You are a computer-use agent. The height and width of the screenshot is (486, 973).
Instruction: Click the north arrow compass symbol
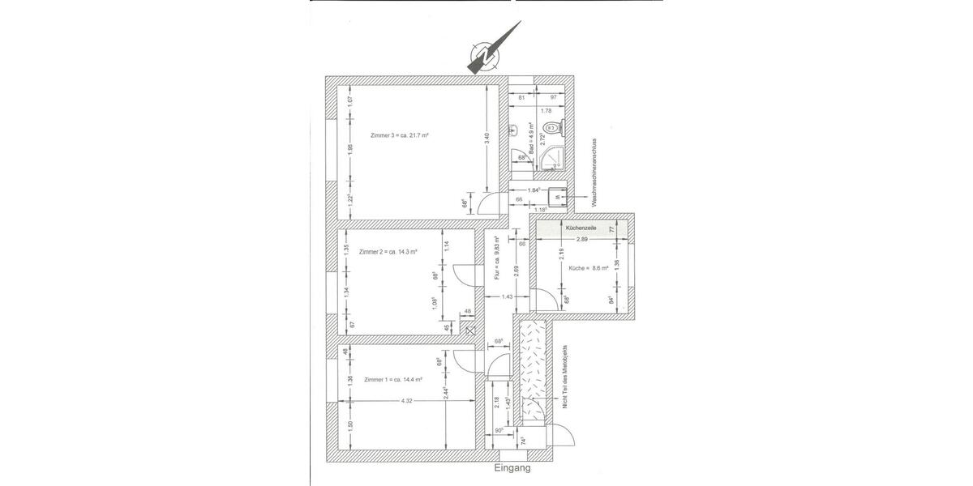484,55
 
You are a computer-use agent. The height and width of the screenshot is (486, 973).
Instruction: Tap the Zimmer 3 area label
399,135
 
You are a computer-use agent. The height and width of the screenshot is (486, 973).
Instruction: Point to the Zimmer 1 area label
393,379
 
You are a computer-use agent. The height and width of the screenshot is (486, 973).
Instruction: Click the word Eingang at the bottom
512,468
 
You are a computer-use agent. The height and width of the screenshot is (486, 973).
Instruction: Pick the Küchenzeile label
581,229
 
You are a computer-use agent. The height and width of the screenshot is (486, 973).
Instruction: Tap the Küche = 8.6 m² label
588,267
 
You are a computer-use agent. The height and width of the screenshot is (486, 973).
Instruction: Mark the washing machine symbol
557,196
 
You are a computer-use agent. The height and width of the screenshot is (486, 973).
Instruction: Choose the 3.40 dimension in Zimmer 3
486,137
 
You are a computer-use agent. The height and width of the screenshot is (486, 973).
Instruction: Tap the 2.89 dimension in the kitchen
581,240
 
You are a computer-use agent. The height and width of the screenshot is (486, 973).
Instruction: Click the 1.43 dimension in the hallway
506,297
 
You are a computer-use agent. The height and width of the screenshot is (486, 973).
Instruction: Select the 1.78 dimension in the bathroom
546,110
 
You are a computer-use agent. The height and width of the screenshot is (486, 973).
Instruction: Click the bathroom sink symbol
515,130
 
